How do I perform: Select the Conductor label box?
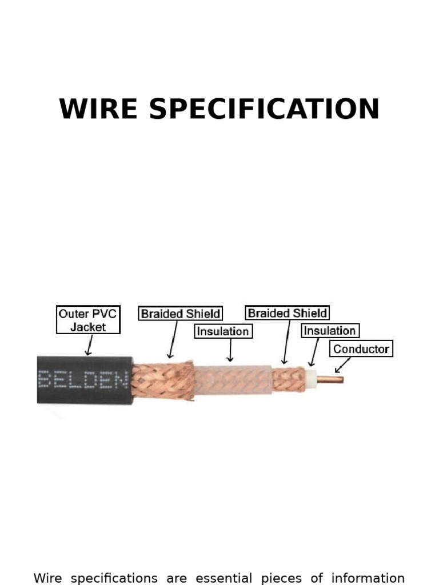(361, 348)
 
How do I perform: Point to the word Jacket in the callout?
(88, 327)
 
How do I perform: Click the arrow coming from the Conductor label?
(342, 364)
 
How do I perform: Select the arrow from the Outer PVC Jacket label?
(89, 345)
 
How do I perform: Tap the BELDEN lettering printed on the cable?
(83, 379)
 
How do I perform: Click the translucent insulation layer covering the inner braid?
(233, 380)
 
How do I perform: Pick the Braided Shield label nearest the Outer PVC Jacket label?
(180, 314)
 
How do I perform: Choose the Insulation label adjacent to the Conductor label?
(329, 331)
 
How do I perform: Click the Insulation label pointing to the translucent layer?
(223, 331)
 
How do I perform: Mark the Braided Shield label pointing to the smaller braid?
(287, 313)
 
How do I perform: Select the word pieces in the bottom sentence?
(281, 578)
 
